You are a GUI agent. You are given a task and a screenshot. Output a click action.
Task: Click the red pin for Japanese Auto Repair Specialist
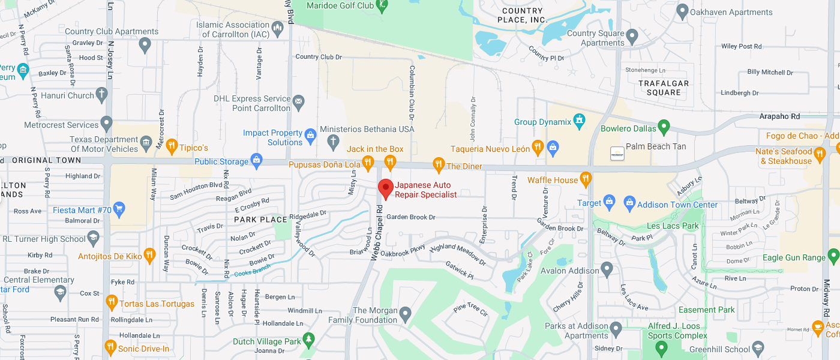click(386, 188)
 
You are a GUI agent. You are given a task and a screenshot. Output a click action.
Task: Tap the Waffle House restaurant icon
click(586, 179)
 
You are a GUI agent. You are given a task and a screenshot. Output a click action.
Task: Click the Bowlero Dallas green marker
click(663, 127)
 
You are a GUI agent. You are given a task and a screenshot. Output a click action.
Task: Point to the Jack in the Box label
click(375, 149)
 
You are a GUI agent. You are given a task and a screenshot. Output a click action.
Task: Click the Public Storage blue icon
click(257, 160)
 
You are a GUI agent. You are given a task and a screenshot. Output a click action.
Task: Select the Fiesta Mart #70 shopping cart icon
click(119, 209)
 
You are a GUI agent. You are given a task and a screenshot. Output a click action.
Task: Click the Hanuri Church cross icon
click(102, 94)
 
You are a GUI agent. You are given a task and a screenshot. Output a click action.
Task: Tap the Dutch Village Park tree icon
click(308, 340)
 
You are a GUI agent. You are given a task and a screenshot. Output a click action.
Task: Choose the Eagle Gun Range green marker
click(833, 257)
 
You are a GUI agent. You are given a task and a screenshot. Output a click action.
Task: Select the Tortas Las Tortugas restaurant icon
click(111, 302)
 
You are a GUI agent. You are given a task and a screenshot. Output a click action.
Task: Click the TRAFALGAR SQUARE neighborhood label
click(664, 88)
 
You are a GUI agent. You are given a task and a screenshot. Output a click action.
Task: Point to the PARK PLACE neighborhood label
click(260, 220)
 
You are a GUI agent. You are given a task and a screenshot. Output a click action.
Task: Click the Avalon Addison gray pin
click(607, 269)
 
